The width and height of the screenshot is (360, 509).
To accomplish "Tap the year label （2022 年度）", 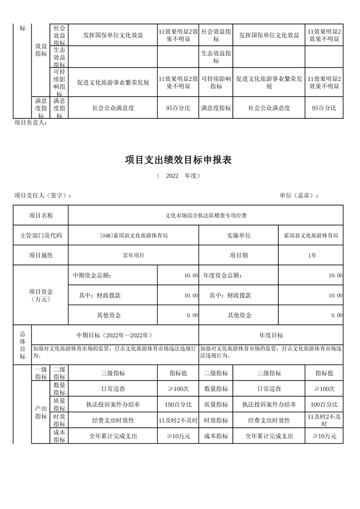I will point(178,176).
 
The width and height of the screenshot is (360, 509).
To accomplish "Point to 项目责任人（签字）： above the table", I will point(43,196).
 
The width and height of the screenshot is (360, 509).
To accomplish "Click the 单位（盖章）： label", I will point(299,196).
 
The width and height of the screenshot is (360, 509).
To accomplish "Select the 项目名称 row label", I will point(41,215).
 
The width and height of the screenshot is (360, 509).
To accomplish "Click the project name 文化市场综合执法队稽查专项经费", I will point(206,215).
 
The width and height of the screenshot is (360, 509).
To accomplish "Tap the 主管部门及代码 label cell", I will point(41,235).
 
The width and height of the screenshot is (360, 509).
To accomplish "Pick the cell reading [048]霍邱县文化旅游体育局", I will point(133,235).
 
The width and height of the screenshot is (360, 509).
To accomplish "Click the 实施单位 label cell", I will point(239,235).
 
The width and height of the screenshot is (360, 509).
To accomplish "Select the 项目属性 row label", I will point(41,255).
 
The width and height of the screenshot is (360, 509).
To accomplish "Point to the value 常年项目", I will point(133,255).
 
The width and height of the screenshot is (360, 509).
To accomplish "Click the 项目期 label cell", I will point(239,255).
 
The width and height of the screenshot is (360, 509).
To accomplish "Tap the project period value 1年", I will point(311,255).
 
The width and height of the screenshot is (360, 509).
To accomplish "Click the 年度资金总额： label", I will point(222,275).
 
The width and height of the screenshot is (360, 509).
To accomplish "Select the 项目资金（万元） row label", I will point(41,295).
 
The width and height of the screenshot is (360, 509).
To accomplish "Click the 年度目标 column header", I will point(271,335).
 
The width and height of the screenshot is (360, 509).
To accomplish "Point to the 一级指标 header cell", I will point(41,373).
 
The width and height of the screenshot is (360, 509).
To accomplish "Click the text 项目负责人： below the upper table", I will point(31,122).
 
